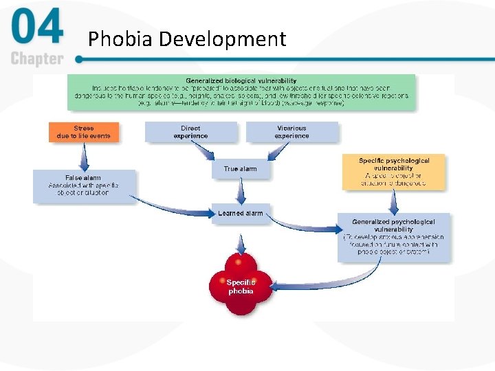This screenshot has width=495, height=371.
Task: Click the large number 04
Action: (x=37, y=29)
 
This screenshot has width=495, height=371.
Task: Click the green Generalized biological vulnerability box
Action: (x=241, y=92)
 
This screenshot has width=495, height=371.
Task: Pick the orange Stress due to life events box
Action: (x=84, y=132)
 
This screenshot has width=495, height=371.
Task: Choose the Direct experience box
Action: (x=190, y=132)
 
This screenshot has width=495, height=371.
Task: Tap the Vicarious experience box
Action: (x=292, y=132)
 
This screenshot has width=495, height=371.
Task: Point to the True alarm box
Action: (x=240, y=169)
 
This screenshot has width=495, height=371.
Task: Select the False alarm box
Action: (x=84, y=185)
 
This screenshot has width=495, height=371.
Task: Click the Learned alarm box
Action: (x=240, y=214)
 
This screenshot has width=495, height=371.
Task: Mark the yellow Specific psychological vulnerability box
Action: (x=394, y=172)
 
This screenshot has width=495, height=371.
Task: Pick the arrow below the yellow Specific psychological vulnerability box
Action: (x=394, y=201)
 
